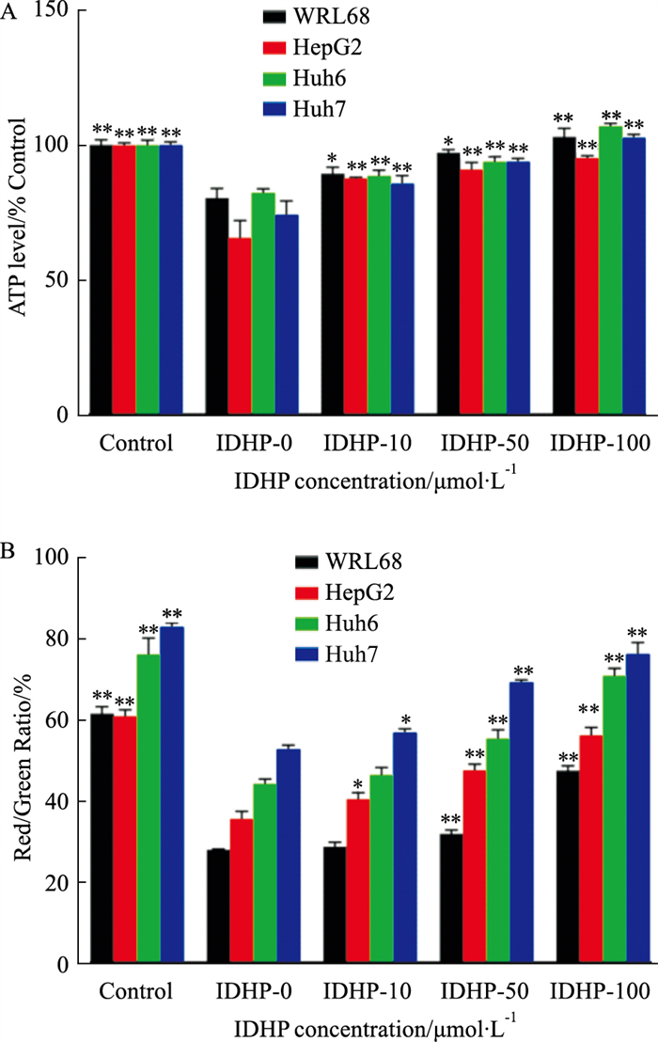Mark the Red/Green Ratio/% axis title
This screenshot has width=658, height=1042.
click(x=21, y=762)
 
